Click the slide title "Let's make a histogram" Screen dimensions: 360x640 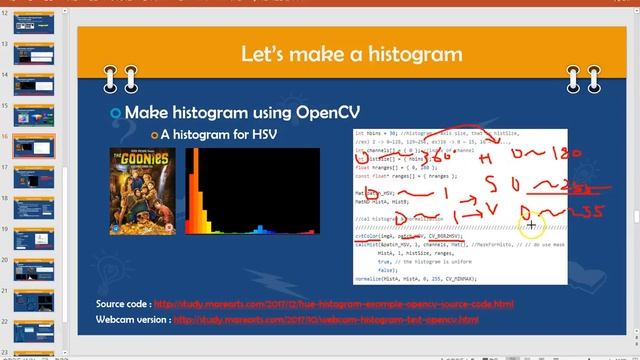351,53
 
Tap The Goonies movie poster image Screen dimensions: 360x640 142,196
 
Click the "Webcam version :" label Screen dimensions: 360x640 133,320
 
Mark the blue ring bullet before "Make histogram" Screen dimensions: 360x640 115,111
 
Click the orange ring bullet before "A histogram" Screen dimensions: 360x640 154,134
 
